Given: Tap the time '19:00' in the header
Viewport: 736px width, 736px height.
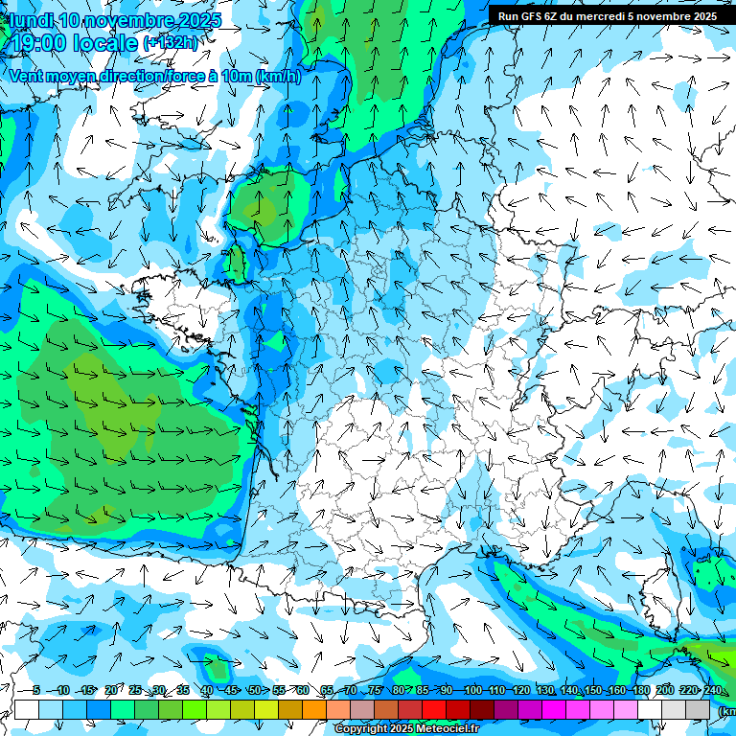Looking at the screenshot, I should [x=45, y=43].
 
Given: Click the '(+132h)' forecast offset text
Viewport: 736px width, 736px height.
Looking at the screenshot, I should [x=172, y=43].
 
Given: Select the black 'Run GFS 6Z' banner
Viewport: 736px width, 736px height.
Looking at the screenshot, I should [x=608, y=15].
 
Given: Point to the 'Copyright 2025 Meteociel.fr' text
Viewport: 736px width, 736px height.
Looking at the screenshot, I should [x=406, y=729].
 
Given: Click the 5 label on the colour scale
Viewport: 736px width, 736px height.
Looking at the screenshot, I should [x=36, y=690].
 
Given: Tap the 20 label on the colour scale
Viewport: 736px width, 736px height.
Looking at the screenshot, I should [x=110, y=690].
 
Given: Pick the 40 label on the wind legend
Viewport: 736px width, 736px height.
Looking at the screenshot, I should [x=207, y=690].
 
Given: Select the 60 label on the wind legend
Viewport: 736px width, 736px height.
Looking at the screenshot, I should [x=303, y=690].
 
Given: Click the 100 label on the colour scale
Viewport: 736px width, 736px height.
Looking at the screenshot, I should [x=472, y=690].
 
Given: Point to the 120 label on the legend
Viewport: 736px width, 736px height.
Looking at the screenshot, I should [x=521, y=690].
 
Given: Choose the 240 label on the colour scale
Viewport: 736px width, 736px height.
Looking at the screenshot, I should [x=712, y=690].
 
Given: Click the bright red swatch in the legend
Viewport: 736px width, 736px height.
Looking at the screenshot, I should [x=434, y=709].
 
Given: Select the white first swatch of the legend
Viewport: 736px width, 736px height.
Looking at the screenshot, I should [x=27, y=709].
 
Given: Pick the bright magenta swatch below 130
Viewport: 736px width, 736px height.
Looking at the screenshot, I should [x=554, y=709].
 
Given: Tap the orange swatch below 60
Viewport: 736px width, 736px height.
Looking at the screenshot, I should [x=314, y=709].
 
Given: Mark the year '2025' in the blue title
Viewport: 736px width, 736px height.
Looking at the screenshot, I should [x=199, y=20].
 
